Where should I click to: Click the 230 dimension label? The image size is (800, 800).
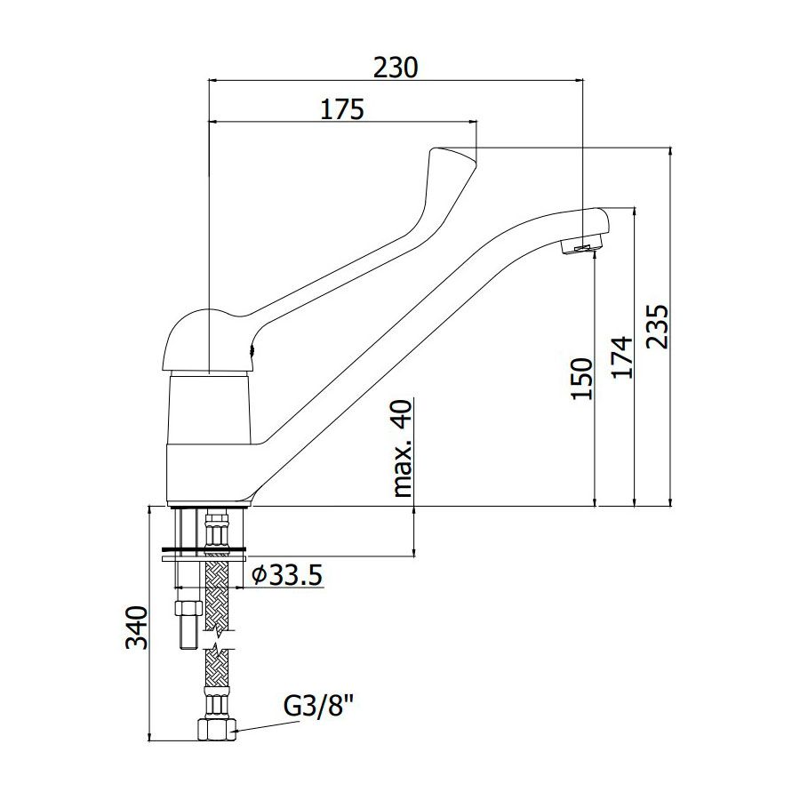click(396, 68)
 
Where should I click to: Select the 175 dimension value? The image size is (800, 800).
click(342, 109)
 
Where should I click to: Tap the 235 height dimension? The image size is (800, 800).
click(657, 326)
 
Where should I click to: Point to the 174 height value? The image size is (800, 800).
click(622, 357)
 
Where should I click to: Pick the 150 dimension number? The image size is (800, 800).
click(582, 379)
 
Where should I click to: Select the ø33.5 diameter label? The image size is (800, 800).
click(287, 575)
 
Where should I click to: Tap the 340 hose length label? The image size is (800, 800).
click(136, 628)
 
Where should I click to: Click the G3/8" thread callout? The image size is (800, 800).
click(318, 708)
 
